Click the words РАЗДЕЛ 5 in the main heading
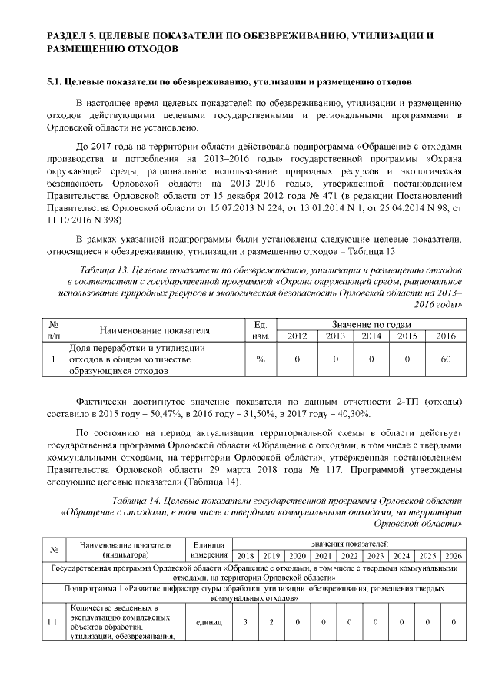(75, 36)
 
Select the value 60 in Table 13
(445, 359)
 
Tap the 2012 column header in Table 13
(297, 336)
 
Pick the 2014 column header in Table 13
(371, 336)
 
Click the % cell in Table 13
(260, 359)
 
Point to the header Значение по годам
(371, 324)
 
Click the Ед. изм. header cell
(260, 330)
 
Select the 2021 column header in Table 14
(324, 555)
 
